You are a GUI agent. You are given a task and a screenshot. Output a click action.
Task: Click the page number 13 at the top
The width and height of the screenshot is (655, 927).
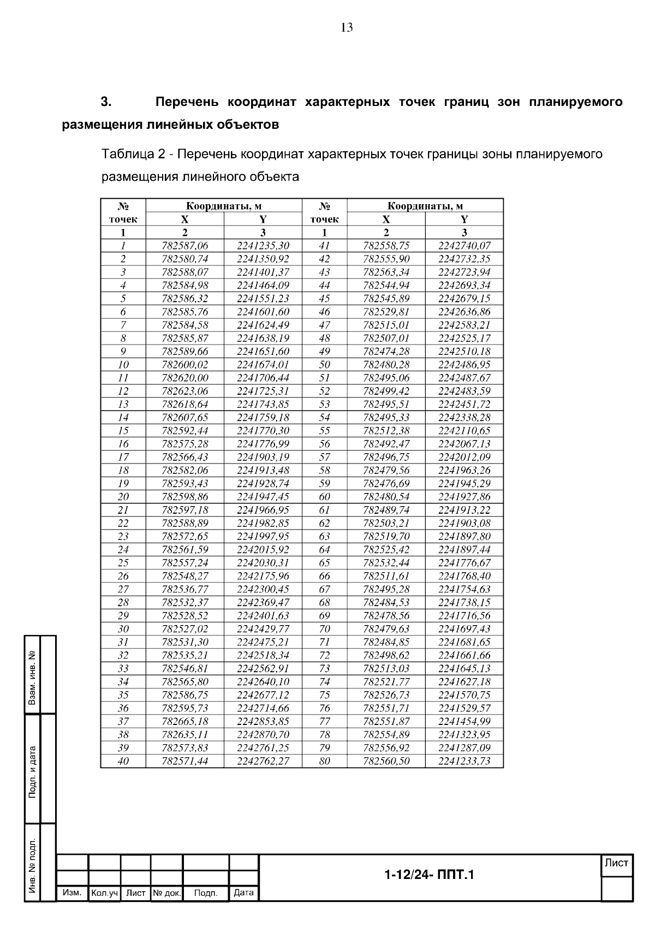point(347,28)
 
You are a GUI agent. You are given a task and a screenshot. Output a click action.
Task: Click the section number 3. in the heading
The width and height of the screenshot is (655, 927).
point(106,102)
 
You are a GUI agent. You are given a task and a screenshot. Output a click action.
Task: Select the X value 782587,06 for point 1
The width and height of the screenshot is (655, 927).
point(185,246)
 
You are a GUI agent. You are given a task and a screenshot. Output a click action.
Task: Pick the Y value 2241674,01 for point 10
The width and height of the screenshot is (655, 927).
point(263,365)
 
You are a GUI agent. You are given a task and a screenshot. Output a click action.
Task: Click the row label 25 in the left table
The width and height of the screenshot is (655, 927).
point(123,563)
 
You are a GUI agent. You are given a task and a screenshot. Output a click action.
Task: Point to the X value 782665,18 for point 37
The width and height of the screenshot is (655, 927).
point(185,721)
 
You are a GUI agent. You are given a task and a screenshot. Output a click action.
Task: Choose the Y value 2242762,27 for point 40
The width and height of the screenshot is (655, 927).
point(263,761)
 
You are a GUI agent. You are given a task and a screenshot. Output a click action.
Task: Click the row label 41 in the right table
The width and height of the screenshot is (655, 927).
point(324,246)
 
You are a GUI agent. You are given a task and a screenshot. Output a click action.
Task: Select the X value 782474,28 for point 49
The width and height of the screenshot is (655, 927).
point(386,352)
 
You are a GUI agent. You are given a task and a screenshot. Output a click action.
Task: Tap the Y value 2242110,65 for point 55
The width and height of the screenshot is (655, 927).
point(464,431)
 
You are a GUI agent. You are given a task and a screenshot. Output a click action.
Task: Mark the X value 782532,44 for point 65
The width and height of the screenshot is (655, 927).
point(386,563)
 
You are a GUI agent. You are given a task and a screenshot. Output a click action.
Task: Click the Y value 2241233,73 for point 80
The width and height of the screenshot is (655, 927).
point(464,761)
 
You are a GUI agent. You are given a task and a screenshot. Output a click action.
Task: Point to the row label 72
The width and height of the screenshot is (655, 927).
point(324,655)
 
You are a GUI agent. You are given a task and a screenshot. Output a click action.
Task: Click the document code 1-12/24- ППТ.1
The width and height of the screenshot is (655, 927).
point(429,875)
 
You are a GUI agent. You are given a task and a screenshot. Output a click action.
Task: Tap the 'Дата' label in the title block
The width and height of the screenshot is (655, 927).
point(243,893)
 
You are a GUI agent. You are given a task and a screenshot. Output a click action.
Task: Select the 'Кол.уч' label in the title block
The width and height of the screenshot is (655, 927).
point(104,893)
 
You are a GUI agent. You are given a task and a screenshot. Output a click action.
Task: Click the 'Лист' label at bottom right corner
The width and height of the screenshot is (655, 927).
point(617,864)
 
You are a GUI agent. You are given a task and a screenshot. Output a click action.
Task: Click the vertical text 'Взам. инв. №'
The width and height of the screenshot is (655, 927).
point(33,676)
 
